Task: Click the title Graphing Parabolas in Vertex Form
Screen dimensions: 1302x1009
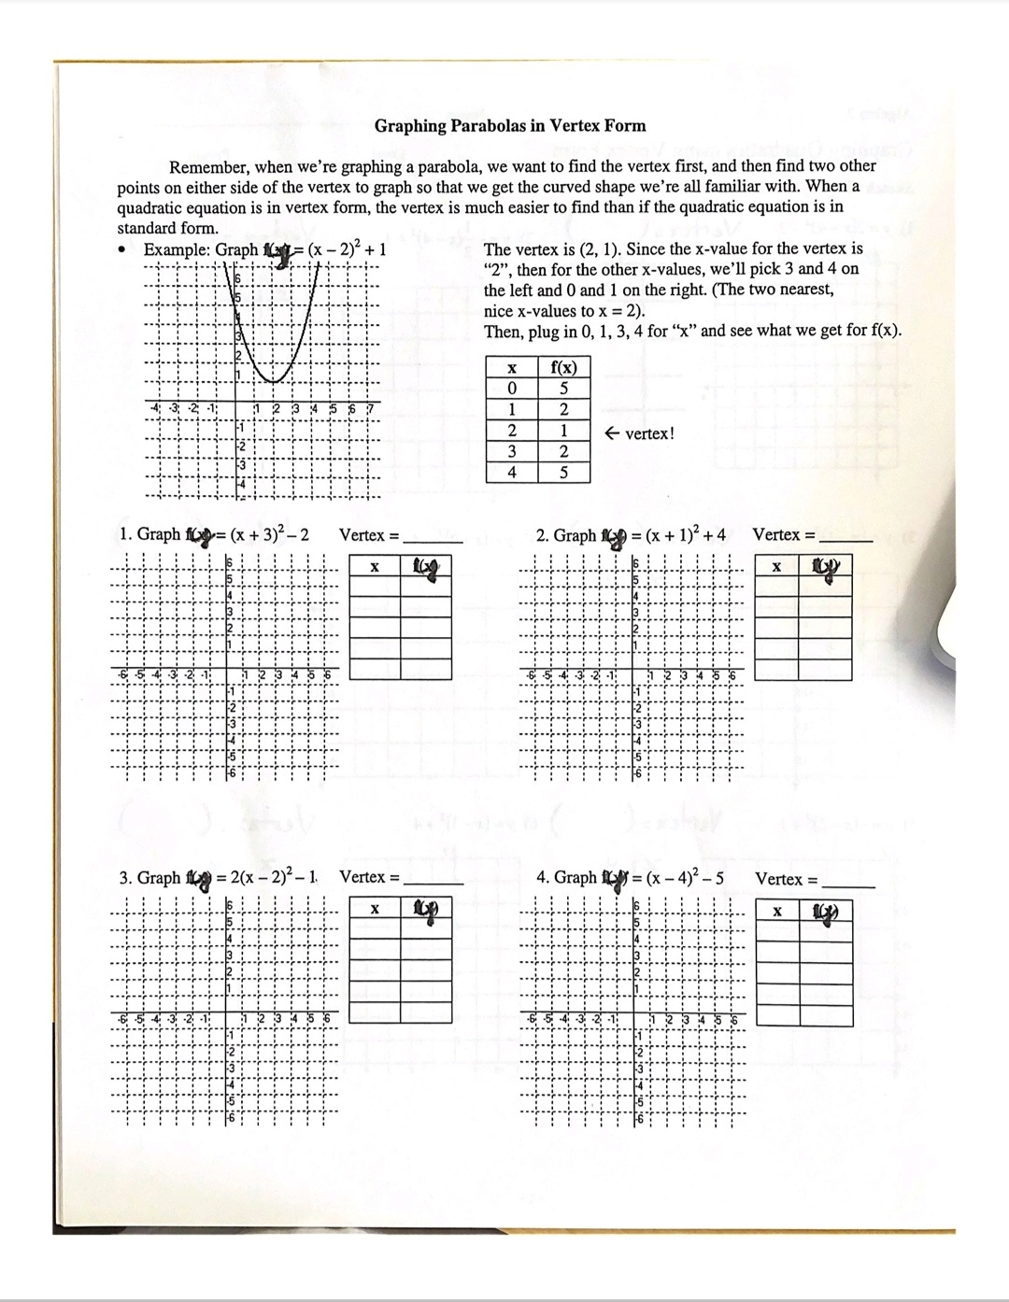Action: (x=509, y=125)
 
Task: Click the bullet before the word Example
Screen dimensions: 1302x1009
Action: (x=122, y=250)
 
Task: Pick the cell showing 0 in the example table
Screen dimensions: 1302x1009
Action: (x=511, y=388)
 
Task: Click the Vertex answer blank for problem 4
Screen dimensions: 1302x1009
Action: (x=849, y=882)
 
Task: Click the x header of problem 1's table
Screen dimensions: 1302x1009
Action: (x=374, y=566)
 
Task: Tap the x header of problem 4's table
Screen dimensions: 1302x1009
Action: (x=777, y=912)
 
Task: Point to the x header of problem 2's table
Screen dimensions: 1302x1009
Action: (x=775, y=566)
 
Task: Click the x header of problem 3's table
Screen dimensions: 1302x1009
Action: (x=374, y=909)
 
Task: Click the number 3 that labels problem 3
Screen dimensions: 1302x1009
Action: (x=124, y=878)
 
